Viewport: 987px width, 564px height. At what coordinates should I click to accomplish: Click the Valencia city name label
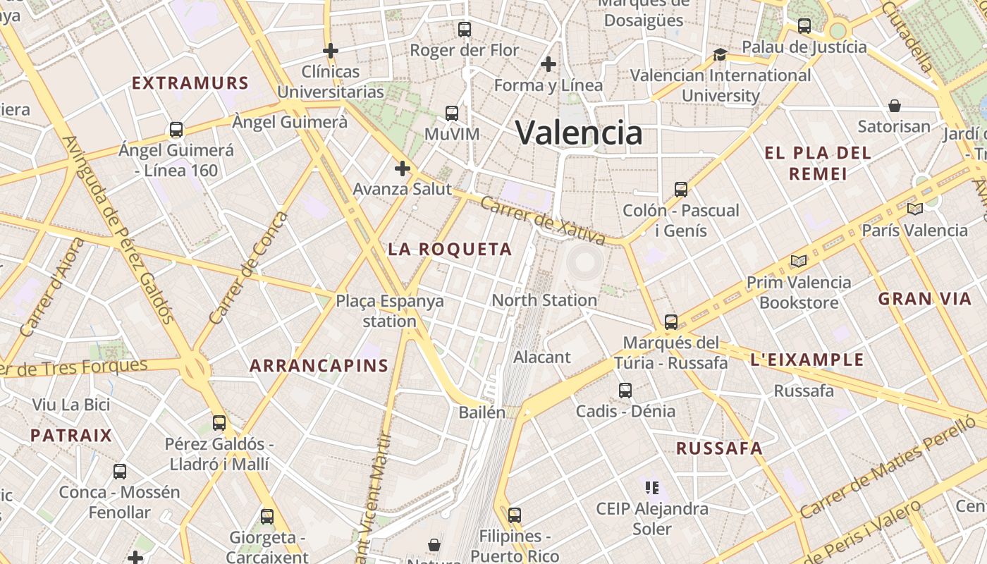pyautogui.click(x=579, y=133)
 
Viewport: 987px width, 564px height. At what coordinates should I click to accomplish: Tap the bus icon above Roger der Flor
pyautogui.click(x=465, y=30)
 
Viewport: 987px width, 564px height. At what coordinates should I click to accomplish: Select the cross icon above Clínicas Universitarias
pyautogui.click(x=330, y=51)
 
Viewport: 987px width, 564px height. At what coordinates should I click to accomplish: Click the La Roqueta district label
pyautogui.click(x=450, y=249)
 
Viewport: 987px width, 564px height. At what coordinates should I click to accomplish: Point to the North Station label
pyautogui.click(x=544, y=300)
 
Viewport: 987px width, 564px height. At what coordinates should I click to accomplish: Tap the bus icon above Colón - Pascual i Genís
pyautogui.click(x=680, y=190)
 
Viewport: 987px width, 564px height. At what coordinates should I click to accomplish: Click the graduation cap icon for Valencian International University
pyautogui.click(x=720, y=55)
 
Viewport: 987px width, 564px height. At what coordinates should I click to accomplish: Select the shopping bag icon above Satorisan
pyautogui.click(x=895, y=106)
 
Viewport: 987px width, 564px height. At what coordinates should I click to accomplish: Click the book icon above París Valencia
pyautogui.click(x=915, y=209)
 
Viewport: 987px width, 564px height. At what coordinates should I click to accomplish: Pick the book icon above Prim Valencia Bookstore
pyautogui.click(x=798, y=262)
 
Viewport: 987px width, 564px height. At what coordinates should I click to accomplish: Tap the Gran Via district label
pyautogui.click(x=924, y=298)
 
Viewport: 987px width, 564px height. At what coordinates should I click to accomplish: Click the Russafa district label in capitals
pyautogui.click(x=719, y=448)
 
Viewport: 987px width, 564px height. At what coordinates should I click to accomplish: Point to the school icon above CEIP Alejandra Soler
pyautogui.click(x=651, y=487)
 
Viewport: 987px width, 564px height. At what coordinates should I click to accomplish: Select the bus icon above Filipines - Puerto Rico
pyautogui.click(x=515, y=515)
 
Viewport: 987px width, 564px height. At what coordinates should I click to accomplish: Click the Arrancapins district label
pyautogui.click(x=319, y=365)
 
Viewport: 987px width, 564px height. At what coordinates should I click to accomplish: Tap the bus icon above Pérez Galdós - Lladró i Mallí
pyautogui.click(x=219, y=423)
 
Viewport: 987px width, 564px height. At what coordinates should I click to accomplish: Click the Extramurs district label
pyautogui.click(x=190, y=83)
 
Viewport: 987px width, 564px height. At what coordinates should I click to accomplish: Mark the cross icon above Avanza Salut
pyautogui.click(x=402, y=168)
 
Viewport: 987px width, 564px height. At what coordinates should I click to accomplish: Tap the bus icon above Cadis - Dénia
pyautogui.click(x=625, y=391)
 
